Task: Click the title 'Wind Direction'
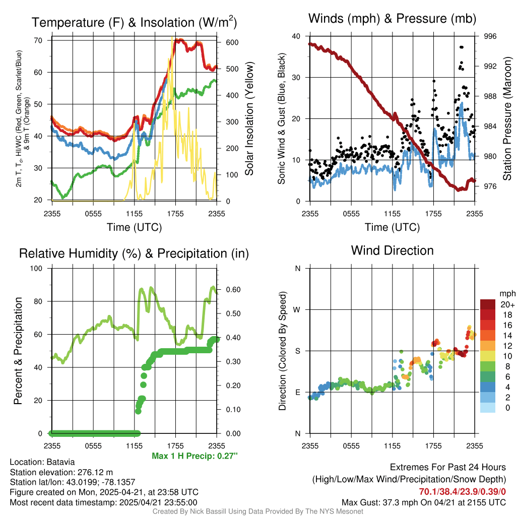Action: point(392,250)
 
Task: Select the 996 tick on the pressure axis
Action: point(490,36)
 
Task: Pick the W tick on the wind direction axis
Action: point(298,309)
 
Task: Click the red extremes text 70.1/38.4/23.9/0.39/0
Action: point(462,491)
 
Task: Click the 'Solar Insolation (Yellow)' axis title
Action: point(249,119)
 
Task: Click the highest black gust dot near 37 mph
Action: point(461,47)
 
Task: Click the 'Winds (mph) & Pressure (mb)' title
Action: point(392,19)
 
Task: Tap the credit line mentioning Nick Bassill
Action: point(257,511)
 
